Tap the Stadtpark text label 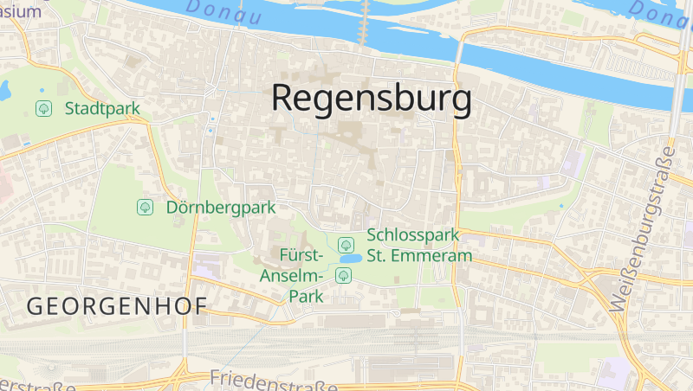(102, 108)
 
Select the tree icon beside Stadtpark (42, 108)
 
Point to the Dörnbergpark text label (220, 207)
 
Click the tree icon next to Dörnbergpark (145, 207)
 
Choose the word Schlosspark (411, 235)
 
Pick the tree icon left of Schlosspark (346, 245)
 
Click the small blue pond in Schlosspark (350, 259)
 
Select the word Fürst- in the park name (302, 255)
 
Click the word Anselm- (292, 275)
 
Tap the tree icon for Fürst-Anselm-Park (344, 275)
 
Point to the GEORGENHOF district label (117, 305)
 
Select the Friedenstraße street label (273, 380)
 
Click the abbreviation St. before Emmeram (378, 255)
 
